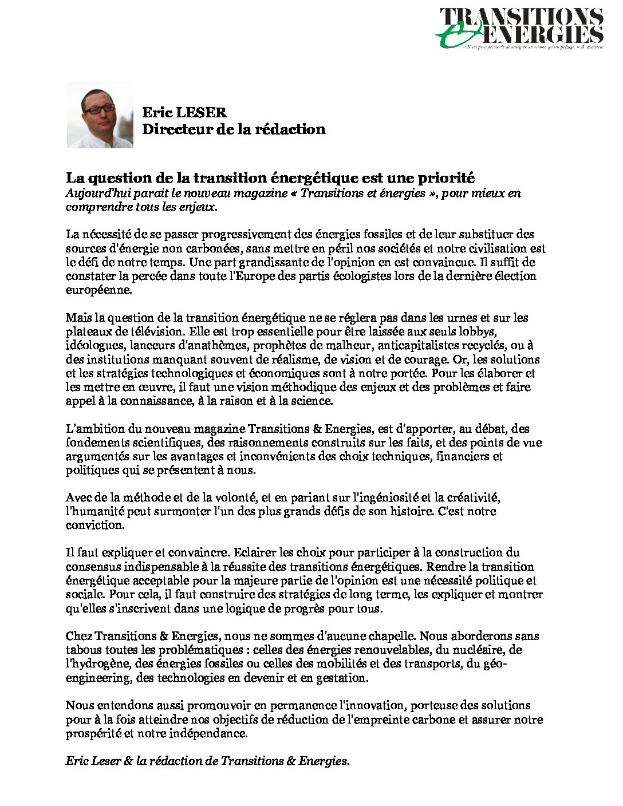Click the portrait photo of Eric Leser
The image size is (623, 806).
point(100,115)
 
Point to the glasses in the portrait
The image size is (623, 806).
point(98,108)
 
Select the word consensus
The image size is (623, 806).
point(93,567)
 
